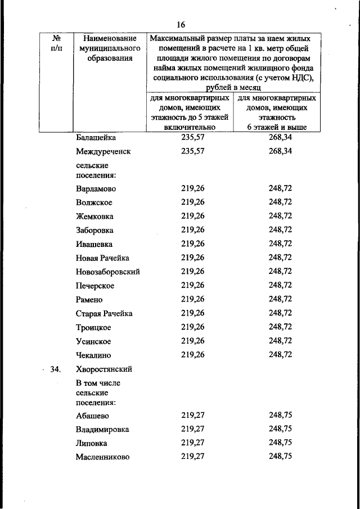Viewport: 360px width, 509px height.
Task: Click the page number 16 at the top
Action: [x=181, y=24]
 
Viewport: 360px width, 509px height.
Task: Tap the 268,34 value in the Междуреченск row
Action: [x=280, y=151]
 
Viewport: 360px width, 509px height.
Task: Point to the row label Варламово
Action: [x=96, y=188]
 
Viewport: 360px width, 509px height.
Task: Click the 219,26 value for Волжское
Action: [x=193, y=202]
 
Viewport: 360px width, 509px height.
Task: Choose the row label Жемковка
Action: [x=94, y=216]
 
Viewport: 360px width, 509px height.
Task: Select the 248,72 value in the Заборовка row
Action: [x=280, y=230]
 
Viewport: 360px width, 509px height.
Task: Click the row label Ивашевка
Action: [x=94, y=244]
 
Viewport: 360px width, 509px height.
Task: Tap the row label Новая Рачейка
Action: [x=102, y=258]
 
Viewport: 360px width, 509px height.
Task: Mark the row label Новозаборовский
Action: [x=107, y=272]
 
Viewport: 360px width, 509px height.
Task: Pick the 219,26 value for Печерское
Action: [x=193, y=285]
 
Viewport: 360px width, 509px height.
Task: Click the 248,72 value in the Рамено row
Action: [x=280, y=299]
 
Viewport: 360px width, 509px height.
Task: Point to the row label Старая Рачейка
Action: [x=104, y=313]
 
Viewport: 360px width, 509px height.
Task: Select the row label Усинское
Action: [x=93, y=341]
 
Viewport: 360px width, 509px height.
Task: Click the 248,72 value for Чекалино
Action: [x=280, y=355]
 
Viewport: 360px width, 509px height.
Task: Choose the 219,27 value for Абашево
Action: [x=193, y=416]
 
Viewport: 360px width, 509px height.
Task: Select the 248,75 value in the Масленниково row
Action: [x=280, y=457]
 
